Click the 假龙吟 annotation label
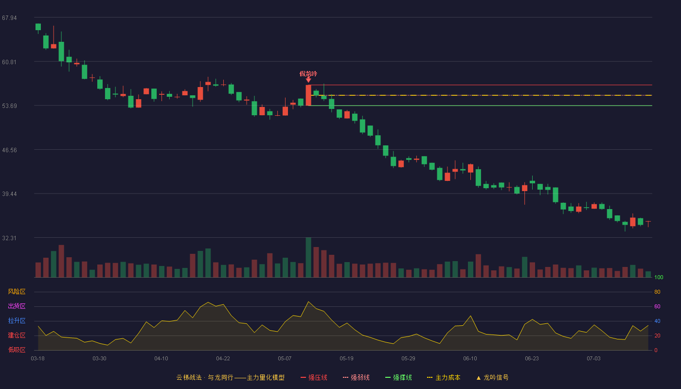pyautogui.click(x=308, y=74)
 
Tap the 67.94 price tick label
pyautogui.click(x=9, y=18)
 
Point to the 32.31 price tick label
pyautogui.click(x=9, y=238)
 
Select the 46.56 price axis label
pyautogui.click(x=9, y=150)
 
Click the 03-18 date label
pyautogui.click(x=38, y=359)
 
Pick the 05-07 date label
pyautogui.click(x=285, y=359)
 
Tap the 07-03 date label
pyautogui.click(x=593, y=359)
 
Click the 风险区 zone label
pyautogui.click(x=17, y=292)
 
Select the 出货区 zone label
pyautogui.click(x=17, y=306)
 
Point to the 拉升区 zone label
pyautogui.click(x=17, y=320)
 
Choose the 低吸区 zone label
pyautogui.click(x=17, y=350)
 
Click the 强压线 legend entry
pyautogui.click(x=314, y=377)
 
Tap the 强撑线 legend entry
pyautogui.click(x=398, y=377)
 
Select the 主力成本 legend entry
pyautogui.click(x=444, y=377)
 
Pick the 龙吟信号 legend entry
pyautogui.click(x=492, y=377)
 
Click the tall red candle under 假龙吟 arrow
pyautogui.click(x=308, y=95)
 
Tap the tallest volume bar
pyautogui.click(x=308, y=257)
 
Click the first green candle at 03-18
pyautogui.click(x=38, y=27)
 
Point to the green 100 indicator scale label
pyautogui.click(x=659, y=277)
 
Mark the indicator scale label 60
pyautogui.click(x=657, y=306)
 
